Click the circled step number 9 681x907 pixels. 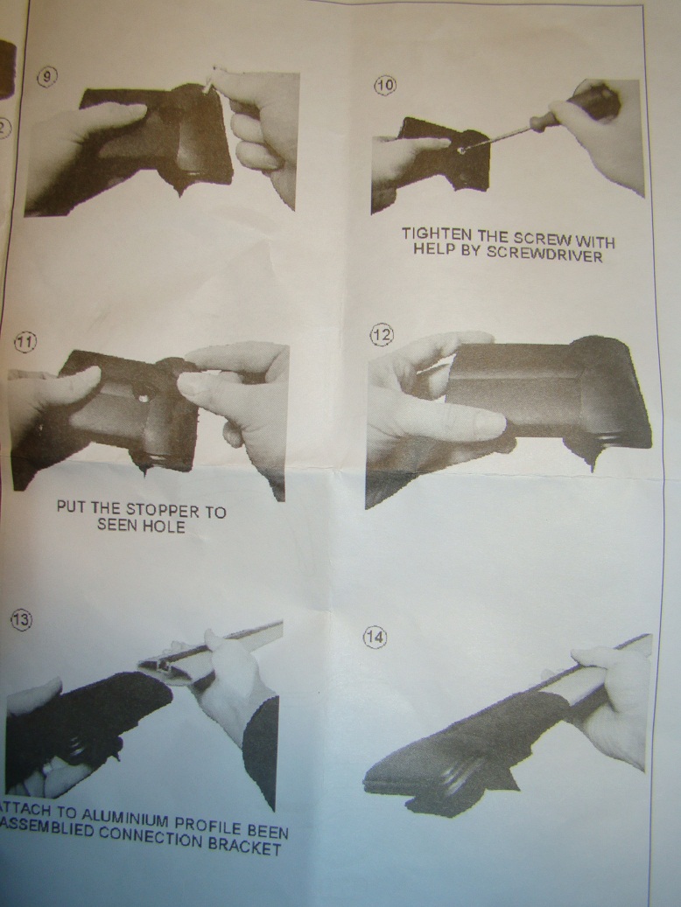[47, 77]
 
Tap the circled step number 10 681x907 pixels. [384, 86]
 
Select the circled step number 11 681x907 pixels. [25, 342]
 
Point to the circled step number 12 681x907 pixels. [382, 335]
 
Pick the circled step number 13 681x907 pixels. [21, 620]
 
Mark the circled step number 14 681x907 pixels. [375, 638]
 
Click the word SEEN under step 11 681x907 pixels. [116, 525]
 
